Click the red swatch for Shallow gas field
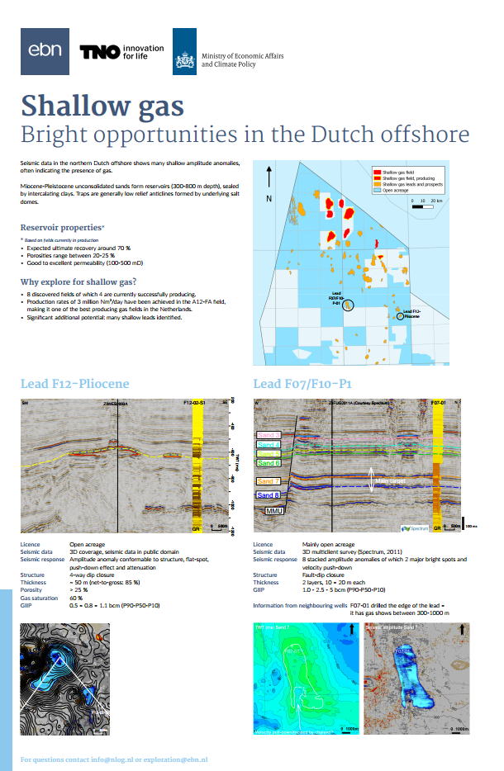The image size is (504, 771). coord(376,168)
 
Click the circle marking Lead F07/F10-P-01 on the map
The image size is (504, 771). coord(349,306)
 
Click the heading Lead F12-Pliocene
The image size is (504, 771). coord(75,384)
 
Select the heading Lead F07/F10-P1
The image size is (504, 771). coord(303,384)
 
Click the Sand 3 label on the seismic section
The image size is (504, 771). coord(269,434)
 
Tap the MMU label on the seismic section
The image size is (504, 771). coord(274,512)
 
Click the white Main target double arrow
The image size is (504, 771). coord(371,481)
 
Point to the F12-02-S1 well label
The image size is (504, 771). coord(196,402)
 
